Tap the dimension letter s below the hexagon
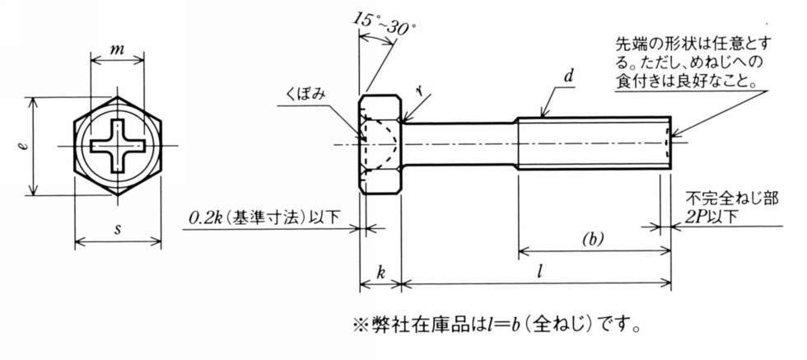[117, 228]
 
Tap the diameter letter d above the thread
[568, 78]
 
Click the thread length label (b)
[592, 240]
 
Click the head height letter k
[380, 269]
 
